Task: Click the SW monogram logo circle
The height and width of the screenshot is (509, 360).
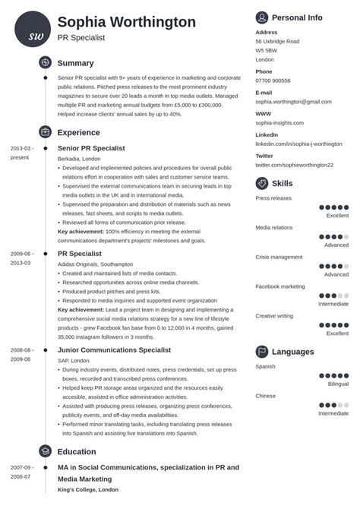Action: [x=33, y=30]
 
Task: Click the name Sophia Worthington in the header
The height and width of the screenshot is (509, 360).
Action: [x=126, y=21]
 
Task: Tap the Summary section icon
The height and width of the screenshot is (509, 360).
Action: [x=45, y=63]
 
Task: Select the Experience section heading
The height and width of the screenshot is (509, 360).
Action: [x=80, y=131]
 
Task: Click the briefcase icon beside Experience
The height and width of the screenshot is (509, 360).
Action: [x=45, y=131]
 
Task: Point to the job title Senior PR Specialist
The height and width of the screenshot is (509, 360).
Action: [x=91, y=147]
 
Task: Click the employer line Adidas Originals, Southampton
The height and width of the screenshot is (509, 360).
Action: [x=98, y=264]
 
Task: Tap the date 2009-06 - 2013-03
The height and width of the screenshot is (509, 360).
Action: [x=21, y=257]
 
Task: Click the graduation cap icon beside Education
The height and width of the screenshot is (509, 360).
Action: [x=45, y=451]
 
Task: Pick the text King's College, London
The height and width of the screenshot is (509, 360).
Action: [x=87, y=490]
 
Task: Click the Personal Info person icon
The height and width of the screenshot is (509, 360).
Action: [x=262, y=17]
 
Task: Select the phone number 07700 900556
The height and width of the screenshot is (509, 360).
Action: [x=273, y=81]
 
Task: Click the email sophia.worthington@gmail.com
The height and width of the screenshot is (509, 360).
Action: [x=293, y=101]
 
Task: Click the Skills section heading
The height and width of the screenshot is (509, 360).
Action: [x=282, y=183]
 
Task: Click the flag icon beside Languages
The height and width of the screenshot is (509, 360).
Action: [x=262, y=352]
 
